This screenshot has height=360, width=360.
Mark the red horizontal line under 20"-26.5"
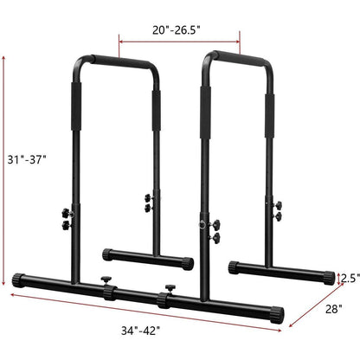[178, 39]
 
